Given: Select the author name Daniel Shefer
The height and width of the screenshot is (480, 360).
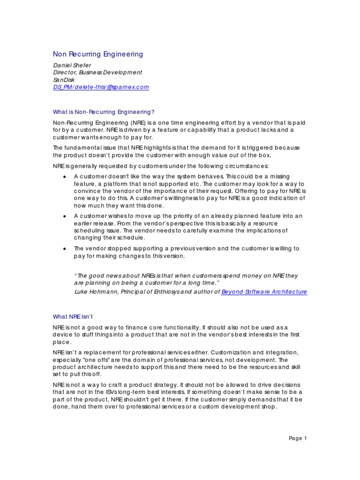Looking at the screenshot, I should (x=72, y=65).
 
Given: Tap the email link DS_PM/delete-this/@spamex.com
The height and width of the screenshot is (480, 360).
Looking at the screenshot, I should (x=100, y=87).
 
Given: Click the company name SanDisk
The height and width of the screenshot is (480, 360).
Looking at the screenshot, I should (x=63, y=80).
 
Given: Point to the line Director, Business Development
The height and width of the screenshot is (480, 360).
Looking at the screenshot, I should (x=97, y=72).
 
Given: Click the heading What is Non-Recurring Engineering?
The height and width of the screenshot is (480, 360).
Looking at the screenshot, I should (x=103, y=112).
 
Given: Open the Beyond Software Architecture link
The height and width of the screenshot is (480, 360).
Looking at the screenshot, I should (x=264, y=292).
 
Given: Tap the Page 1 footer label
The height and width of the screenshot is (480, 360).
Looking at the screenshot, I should (x=297, y=438).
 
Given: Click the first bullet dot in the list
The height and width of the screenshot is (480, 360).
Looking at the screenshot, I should (x=64, y=177).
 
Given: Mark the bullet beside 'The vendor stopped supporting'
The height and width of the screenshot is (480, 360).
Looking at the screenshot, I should (x=64, y=248).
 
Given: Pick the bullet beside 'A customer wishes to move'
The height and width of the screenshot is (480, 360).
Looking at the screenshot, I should (x=64, y=216).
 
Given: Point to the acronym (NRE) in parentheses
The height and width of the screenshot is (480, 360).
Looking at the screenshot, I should (x=136, y=122).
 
